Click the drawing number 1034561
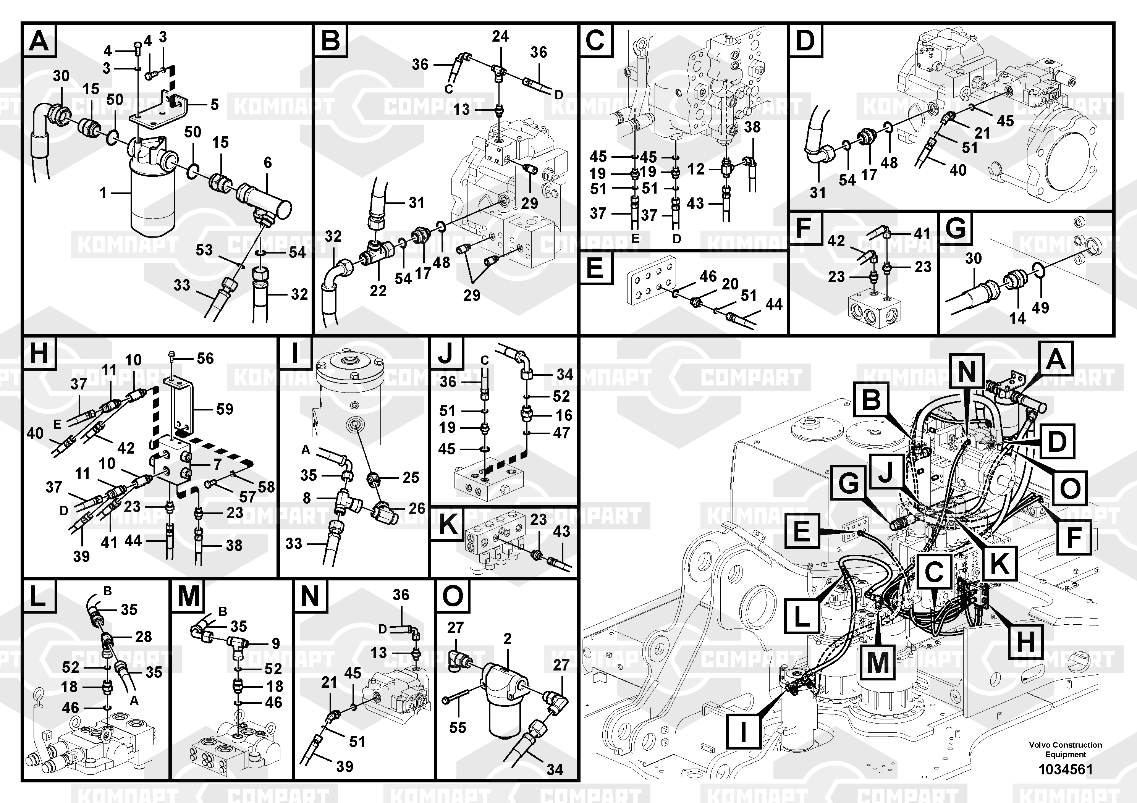tap(1065, 769)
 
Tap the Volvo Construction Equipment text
tap(1065, 750)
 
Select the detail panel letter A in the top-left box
tap(39, 40)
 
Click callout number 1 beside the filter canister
tap(103, 192)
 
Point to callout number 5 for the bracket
tap(214, 105)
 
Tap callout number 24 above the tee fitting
tap(500, 36)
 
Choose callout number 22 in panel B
tap(378, 291)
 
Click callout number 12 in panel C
tap(696, 169)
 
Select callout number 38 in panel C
tap(752, 127)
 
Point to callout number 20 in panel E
tap(730, 284)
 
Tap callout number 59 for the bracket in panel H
tap(224, 409)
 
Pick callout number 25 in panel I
tap(411, 477)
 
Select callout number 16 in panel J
tap(564, 415)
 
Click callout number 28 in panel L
tap(144, 637)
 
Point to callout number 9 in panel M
tap(276, 644)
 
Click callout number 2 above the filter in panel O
tap(507, 639)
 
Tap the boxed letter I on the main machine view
tap(743, 732)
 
